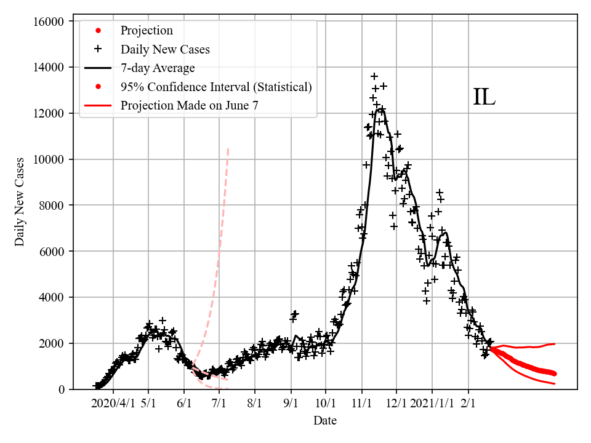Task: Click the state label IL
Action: point(484,98)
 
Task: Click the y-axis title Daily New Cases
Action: point(20,202)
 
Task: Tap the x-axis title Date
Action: point(324,421)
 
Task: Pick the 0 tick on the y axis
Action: point(62,389)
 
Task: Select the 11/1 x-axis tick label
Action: point(362,404)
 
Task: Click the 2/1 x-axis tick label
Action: point(468,404)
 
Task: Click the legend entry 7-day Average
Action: point(158,68)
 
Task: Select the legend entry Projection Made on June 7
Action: point(189,105)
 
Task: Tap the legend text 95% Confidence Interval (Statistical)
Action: point(216,87)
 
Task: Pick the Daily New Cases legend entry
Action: point(165,49)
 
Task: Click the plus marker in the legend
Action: point(98,49)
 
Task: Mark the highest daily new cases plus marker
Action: point(374,76)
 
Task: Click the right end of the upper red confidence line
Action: point(555,344)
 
